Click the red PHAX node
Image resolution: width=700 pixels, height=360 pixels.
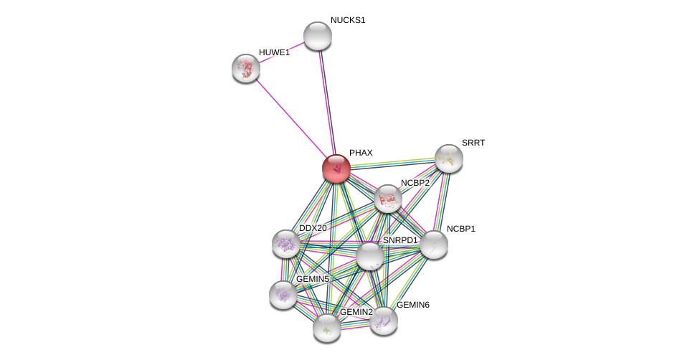click(336, 169)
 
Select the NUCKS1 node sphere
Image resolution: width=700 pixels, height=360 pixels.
click(318, 36)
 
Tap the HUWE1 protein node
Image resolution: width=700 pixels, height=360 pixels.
click(246, 68)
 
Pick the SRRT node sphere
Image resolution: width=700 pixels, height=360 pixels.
click(449, 158)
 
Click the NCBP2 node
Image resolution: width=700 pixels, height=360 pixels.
click(388, 199)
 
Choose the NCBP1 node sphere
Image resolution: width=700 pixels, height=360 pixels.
click(433, 245)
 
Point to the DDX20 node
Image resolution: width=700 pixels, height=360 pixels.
click(286, 245)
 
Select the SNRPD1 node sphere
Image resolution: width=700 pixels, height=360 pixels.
click(369, 257)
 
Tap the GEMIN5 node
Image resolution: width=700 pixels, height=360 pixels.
click(283, 295)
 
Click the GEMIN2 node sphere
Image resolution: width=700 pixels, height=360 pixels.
click(327, 328)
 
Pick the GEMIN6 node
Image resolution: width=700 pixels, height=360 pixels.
click(384, 321)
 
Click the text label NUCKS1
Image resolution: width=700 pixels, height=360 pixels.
click(348, 21)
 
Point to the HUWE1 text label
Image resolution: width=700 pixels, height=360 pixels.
click(274, 52)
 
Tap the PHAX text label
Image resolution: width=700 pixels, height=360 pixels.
click(361, 153)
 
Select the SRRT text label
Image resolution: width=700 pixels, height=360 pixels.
click(473, 143)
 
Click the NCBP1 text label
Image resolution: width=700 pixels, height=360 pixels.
click(461, 229)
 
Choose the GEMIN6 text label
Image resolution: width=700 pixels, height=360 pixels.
click(413, 305)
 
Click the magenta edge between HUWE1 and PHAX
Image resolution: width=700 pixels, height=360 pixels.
click(291, 118)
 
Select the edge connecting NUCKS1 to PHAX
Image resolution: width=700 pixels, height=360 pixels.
click(326, 102)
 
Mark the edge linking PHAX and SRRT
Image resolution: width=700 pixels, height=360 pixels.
click(392, 164)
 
